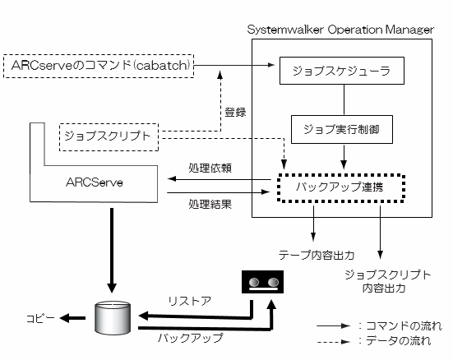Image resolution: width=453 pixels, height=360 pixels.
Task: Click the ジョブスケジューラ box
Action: (x=342, y=71)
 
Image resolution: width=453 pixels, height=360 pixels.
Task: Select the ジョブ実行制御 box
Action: (x=342, y=129)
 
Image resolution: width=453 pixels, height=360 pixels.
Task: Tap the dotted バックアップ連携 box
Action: (x=341, y=188)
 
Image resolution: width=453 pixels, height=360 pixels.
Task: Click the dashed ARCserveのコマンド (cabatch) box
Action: (x=99, y=66)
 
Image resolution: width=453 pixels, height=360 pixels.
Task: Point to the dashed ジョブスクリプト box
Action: (x=109, y=137)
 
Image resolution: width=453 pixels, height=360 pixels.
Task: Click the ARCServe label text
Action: (x=95, y=182)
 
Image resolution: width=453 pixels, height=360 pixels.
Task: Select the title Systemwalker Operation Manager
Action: (x=340, y=30)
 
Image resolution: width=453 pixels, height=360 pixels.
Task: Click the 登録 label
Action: (x=235, y=112)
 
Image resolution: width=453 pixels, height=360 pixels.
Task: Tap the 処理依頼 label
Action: (x=210, y=168)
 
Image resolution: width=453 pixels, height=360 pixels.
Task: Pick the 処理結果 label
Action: (x=210, y=205)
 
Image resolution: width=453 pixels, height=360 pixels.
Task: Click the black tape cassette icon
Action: (x=262, y=282)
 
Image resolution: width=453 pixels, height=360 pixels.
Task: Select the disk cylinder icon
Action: (x=113, y=318)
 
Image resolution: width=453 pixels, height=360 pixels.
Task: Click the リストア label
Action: (x=190, y=302)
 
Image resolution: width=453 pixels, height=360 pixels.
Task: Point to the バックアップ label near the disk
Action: (x=191, y=338)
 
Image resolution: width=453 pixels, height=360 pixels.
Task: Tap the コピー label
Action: (x=40, y=318)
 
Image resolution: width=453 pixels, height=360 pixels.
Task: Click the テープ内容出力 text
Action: (x=317, y=255)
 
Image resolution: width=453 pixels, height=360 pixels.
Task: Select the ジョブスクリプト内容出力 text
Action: (x=388, y=281)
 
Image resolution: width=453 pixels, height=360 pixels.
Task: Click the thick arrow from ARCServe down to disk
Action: (x=112, y=251)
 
